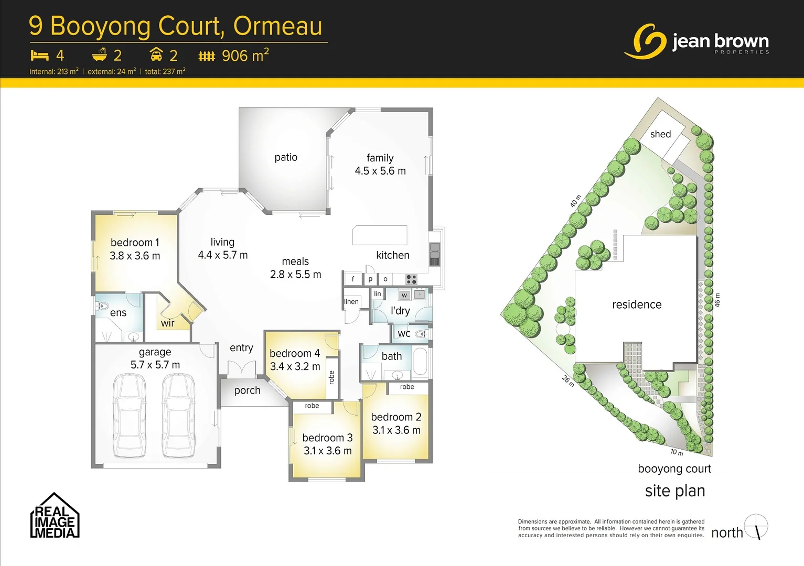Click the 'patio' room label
[x=286, y=157]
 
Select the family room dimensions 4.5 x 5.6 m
[x=380, y=171]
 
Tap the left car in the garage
[x=130, y=417]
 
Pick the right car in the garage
[x=178, y=417]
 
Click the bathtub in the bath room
[x=420, y=361]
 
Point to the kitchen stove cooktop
[x=411, y=279]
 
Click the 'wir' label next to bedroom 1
[x=168, y=323]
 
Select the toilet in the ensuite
[x=103, y=306]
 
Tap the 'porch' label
[x=247, y=390]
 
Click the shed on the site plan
[x=661, y=134]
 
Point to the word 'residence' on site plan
[x=637, y=304]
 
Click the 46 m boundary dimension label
[x=717, y=300]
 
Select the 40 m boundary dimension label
[x=575, y=201]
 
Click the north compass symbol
[x=756, y=527]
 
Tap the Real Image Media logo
[x=55, y=516]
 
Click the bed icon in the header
[x=39, y=55]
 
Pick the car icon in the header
[x=156, y=55]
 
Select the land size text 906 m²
[x=245, y=55]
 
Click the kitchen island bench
[x=380, y=235]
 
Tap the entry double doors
[x=242, y=369]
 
